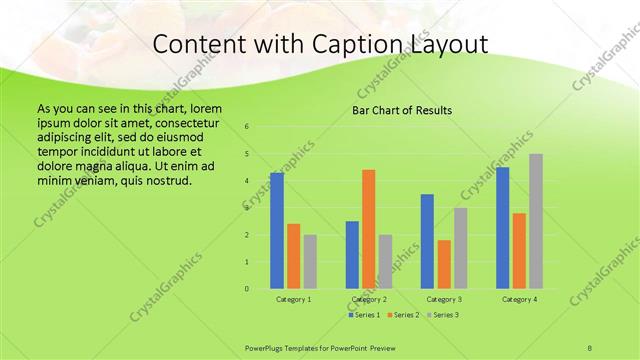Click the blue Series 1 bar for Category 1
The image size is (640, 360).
click(x=277, y=231)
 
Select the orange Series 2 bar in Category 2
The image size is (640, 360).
click(x=368, y=229)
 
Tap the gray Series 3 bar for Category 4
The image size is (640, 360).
click(x=536, y=221)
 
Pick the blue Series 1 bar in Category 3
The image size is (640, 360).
click(x=427, y=241)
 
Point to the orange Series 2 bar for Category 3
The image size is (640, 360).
click(x=444, y=264)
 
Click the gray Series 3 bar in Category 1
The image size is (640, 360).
click(x=310, y=262)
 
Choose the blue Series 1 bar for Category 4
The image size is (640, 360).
click(x=503, y=228)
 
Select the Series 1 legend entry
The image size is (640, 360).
click(x=363, y=315)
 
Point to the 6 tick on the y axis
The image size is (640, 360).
click(x=247, y=127)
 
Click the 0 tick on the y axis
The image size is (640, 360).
click(x=247, y=289)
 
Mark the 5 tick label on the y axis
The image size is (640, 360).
click(x=247, y=154)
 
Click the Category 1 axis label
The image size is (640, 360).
click(x=294, y=299)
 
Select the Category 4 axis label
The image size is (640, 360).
click(x=519, y=299)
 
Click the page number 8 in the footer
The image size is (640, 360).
click(x=590, y=346)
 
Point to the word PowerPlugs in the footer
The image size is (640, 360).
click(x=264, y=346)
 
